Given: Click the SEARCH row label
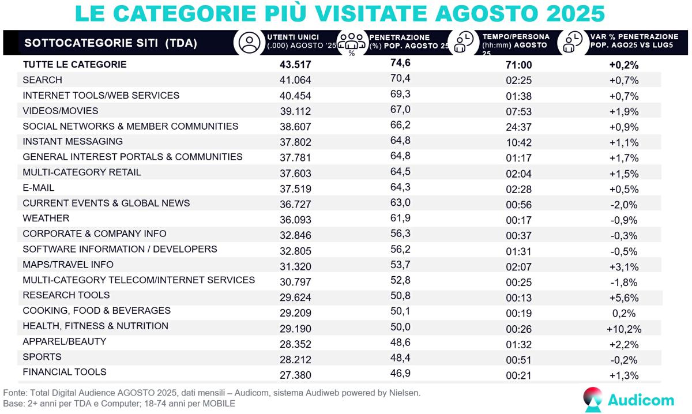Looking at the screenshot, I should click(x=42, y=80).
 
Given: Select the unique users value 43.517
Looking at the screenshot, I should click(x=295, y=65).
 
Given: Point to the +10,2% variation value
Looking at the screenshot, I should click(x=624, y=329).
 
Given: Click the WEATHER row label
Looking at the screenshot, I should click(x=46, y=219).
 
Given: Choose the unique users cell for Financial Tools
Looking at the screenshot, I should click(x=295, y=375).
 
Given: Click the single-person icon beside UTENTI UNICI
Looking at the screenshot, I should click(x=250, y=42).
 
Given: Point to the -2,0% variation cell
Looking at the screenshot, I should click(x=623, y=204).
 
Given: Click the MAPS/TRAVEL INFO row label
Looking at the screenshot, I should click(x=68, y=265).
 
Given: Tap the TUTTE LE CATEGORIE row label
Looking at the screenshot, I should click(x=74, y=65).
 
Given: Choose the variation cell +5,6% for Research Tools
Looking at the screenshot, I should click(x=623, y=296).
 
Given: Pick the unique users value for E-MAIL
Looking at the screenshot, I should click(x=295, y=189).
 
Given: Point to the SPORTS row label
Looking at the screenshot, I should click(x=42, y=357).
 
